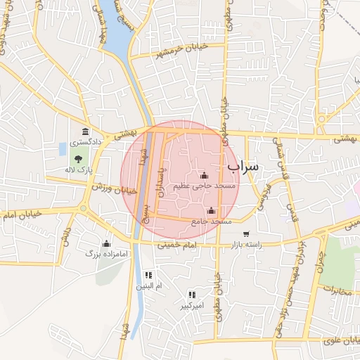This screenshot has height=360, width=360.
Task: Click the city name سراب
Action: (x=243, y=165)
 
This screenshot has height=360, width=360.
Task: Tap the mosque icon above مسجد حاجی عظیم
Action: (x=204, y=175)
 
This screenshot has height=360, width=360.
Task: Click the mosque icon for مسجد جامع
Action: (x=211, y=210)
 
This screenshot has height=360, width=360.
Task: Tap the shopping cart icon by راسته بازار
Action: (x=245, y=234)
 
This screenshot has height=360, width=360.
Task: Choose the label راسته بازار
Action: (x=245, y=244)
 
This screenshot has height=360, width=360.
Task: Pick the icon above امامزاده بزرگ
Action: (x=107, y=243)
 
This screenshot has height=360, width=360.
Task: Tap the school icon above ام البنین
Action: (x=148, y=275)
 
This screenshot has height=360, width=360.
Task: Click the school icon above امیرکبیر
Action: (x=191, y=295)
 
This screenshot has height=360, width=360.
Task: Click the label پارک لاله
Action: (x=79, y=169)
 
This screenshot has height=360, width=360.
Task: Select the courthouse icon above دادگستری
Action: (x=86, y=132)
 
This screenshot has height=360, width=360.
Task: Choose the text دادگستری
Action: (x=85, y=142)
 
